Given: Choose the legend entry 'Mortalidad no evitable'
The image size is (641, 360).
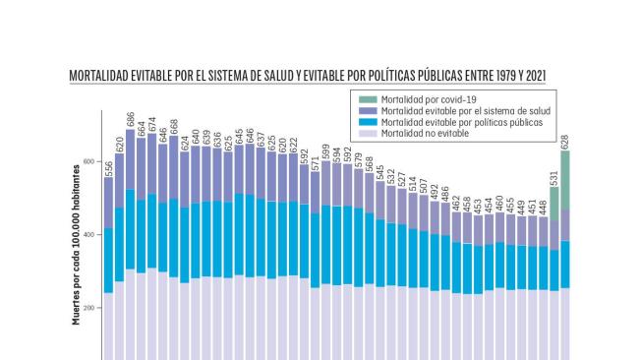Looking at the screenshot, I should [424, 132].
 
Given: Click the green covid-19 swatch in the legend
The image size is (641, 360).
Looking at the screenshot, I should [367, 98].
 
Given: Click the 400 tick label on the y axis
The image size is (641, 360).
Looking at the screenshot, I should [87, 235].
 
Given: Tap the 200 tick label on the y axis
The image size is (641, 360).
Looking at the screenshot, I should [87, 308].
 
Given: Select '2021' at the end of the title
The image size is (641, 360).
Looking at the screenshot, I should [535, 76].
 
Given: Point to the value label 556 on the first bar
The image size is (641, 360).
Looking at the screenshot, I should [108, 166].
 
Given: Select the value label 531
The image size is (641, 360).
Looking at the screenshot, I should [554, 176].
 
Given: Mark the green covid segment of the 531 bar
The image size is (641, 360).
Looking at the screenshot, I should [554, 203].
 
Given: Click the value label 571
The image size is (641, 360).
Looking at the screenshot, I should [315, 161].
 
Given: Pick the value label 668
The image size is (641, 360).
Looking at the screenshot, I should [174, 126].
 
